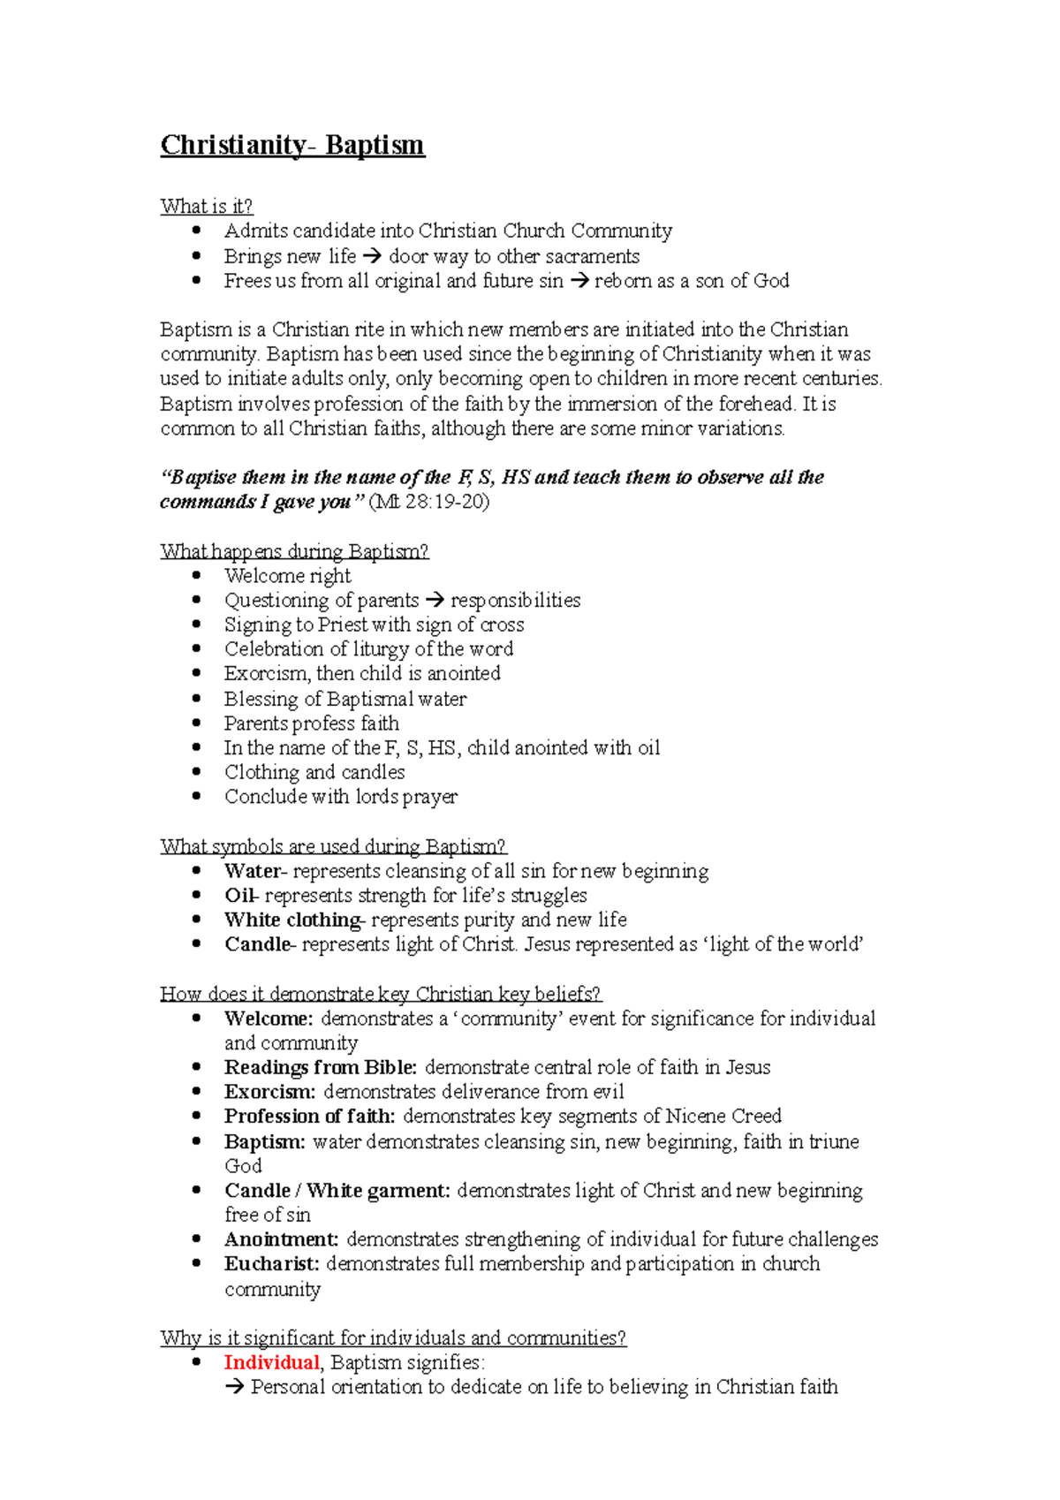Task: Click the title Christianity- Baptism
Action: [x=292, y=145]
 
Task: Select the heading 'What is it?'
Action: [x=206, y=207]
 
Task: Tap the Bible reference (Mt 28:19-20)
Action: [x=428, y=502]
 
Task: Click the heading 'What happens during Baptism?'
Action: [x=294, y=551]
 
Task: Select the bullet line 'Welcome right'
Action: [x=287, y=576]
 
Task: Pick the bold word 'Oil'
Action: [x=238, y=896]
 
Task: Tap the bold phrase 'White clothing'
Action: [x=292, y=920]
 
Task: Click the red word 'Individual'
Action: [x=271, y=1362]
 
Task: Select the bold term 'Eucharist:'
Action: [x=272, y=1264]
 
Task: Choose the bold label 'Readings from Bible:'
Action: [x=321, y=1067]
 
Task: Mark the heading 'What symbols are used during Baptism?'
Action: [x=333, y=846]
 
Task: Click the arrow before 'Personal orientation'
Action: [x=234, y=1388]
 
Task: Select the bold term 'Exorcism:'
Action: [x=269, y=1092]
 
